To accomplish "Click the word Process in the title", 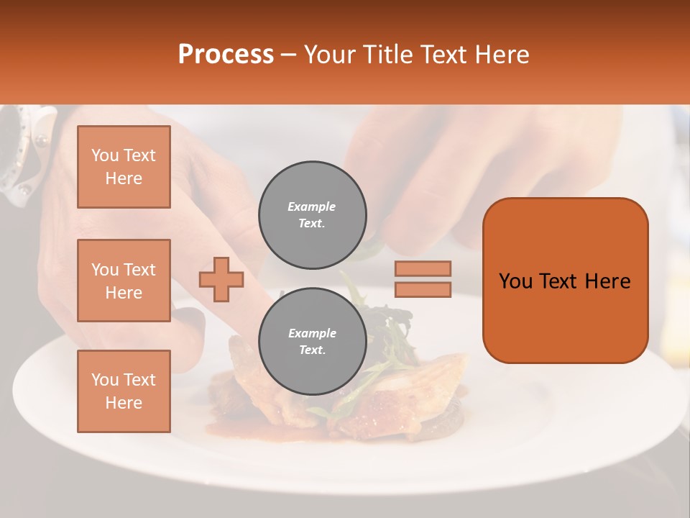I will point(226,55).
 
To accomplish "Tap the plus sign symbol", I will point(221,279).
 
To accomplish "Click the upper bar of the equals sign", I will point(423,268).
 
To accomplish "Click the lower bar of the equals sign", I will point(423,289).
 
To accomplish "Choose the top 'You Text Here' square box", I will point(124,167).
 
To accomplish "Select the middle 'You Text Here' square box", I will point(124,281).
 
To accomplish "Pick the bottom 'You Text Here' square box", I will point(124,391).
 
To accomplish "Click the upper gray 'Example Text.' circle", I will point(312,215).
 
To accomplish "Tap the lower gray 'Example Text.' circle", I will point(312,342).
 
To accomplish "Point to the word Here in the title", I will point(501,55).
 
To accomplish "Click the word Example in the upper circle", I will point(312,207).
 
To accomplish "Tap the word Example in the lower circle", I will point(312,334).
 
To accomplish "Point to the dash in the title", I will point(289,55).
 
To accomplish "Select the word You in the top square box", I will point(103,155).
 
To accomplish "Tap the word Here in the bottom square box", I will point(124,403).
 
